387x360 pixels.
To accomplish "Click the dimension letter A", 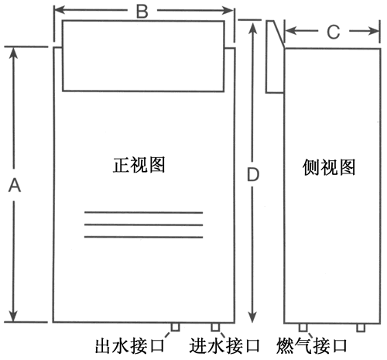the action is pyautogui.click(x=15, y=186).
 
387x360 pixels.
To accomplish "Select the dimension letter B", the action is pyautogui.click(x=142, y=12).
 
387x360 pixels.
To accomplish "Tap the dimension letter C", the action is pyautogui.click(x=334, y=33).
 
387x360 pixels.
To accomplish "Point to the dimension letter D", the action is pyautogui.click(x=253, y=174).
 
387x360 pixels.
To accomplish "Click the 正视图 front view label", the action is pyautogui.click(x=139, y=165).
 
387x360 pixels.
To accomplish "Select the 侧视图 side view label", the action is pyautogui.click(x=329, y=167).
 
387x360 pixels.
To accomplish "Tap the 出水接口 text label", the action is pyautogui.click(x=130, y=346).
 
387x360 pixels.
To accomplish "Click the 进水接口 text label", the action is pyautogui.click(x=224, y=346).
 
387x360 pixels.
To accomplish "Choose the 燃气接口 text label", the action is pyautogui.click(x=312, y=346).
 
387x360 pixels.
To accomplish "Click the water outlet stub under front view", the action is pyautogui.click(x=175, y=327).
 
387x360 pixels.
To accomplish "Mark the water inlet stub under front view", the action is pyautogui.click(x=215, y=327).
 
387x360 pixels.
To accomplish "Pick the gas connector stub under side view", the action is pyautogui.click(x=303, y=327).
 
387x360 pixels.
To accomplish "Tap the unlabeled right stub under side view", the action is pyautogui.click(x=361, y=327).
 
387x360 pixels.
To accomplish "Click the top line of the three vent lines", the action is pyautogui.click(x=143, y=213).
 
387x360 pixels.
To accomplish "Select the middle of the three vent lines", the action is pyautogui.click(x=143, y=225).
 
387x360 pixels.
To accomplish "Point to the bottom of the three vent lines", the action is pyautogui.click(x=143, y=237).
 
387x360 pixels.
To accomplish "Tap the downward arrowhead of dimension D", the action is pyautogui.click(x=253, y=317).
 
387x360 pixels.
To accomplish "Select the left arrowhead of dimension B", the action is pyautogui.click(x=60, y=10).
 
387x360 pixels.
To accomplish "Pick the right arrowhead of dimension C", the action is pyautogui.click(x=374, y=31).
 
